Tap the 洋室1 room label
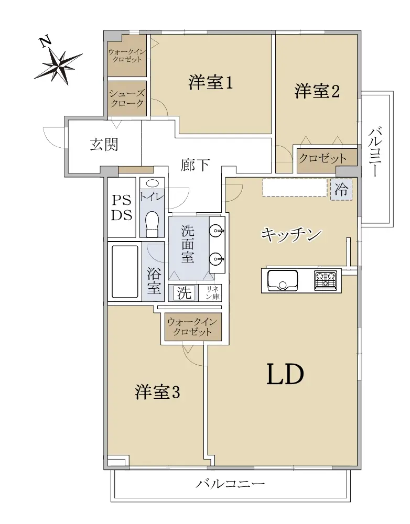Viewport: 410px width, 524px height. [211, 83]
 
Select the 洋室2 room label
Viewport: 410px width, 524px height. [317, 91]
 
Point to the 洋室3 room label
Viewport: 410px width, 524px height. [157, 392]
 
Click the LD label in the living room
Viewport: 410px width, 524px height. [285, 374]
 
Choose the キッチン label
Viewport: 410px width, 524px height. [292, 235]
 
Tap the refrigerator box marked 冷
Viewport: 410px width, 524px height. [341, 190]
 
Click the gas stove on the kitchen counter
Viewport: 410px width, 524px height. [325, 280]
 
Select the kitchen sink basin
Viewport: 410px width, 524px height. [283, 280]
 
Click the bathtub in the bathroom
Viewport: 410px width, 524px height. [125, 271]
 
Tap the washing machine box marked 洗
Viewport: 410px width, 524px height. [184, 293]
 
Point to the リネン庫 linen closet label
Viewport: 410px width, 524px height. [213, 293]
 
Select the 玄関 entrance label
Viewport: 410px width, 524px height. [104, 145]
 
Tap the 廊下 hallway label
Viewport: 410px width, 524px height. [196, 165]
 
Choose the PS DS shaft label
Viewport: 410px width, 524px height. [122, 208]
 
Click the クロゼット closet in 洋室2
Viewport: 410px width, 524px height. [323, 159]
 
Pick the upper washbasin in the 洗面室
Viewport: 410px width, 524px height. [217, 230]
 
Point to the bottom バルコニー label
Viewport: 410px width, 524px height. [230, 484]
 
